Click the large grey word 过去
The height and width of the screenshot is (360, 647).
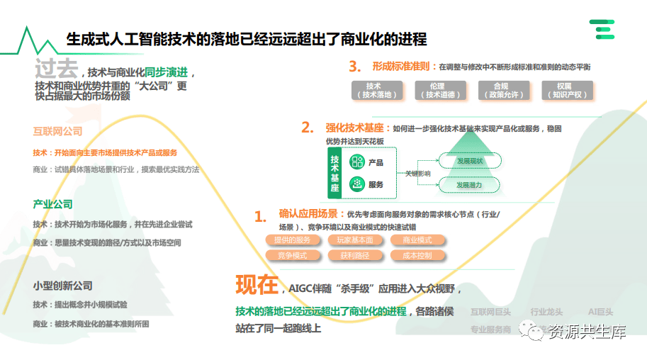coord(55,69)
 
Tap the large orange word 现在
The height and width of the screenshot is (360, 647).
coord(257,286)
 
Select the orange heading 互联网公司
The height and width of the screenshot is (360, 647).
coord(57,131)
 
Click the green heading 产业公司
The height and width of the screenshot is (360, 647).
coord(52,204)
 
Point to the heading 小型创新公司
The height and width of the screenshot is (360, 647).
coord(62,286)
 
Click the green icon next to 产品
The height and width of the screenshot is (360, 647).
coord(356,162)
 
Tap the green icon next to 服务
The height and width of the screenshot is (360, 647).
coord(356,184)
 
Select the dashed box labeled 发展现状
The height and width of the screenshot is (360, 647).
coord(469,161)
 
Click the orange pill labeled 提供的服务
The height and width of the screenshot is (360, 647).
coord(292,240)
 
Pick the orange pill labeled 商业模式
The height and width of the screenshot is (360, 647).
coord(417,240)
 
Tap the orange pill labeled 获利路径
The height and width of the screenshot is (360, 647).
coord(354,255)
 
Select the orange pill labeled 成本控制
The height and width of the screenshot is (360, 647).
coord(417,255)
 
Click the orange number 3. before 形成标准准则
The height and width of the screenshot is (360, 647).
coord(355,67)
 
